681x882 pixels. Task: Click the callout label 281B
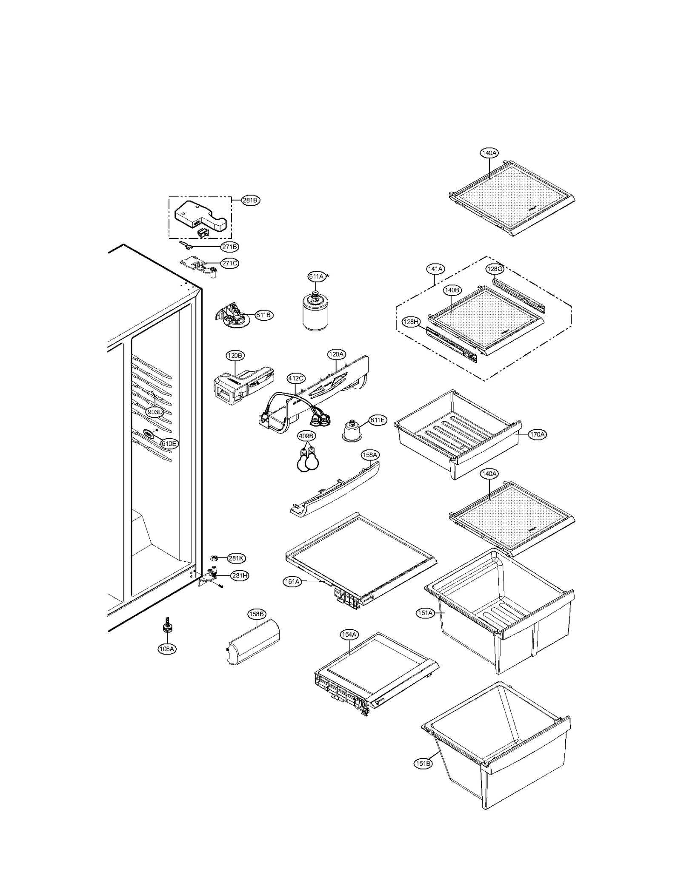[250, 201]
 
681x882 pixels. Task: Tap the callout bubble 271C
[229, 263]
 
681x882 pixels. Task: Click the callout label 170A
[537, 434]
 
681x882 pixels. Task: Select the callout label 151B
[423, 764]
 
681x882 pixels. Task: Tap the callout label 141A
[435, 269]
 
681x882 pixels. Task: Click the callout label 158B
[257, 614]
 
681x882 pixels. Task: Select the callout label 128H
[411, 322]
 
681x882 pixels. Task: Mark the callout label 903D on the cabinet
[155, 412]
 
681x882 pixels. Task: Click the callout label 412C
[296, 378]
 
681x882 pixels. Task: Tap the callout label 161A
[292, 581]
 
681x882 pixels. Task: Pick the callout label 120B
[235, 355]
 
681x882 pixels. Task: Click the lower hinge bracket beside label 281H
[210, 576]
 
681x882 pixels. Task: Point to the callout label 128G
[495, 269]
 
